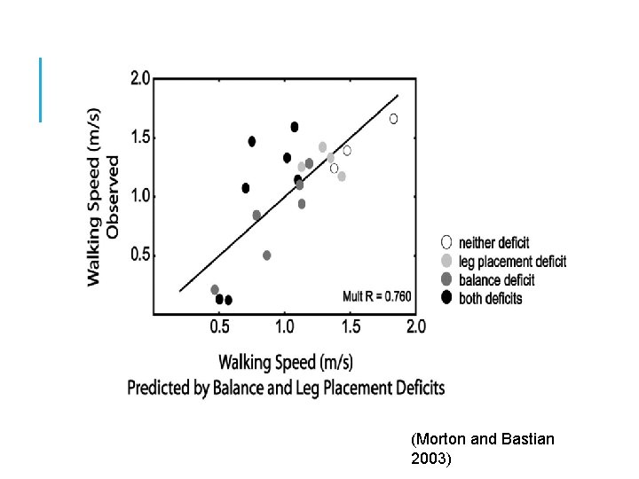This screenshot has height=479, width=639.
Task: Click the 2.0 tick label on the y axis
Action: tap(140, 79)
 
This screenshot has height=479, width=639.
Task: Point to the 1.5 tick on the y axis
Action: tap(140, 137)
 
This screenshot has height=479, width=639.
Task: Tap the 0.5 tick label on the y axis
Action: tap(140, 255)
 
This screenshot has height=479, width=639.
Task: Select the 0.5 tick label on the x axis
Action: tap(219, 327)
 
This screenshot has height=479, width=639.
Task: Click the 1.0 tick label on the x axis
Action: tap(284, 327)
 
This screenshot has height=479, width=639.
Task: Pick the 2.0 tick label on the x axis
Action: tap(416, 327)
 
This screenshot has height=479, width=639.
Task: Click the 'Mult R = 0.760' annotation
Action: tap(377, 294)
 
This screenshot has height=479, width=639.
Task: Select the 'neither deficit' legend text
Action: tap(494, 243)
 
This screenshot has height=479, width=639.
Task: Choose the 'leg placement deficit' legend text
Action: tap(512, 262)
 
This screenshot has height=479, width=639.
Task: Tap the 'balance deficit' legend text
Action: tap(497, 280)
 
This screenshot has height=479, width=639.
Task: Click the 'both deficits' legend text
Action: tap(491, 299)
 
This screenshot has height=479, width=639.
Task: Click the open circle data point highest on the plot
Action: tap(393, 119)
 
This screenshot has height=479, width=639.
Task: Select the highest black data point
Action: tap(295, 127)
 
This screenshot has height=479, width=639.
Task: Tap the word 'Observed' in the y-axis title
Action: tap(113, 197)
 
